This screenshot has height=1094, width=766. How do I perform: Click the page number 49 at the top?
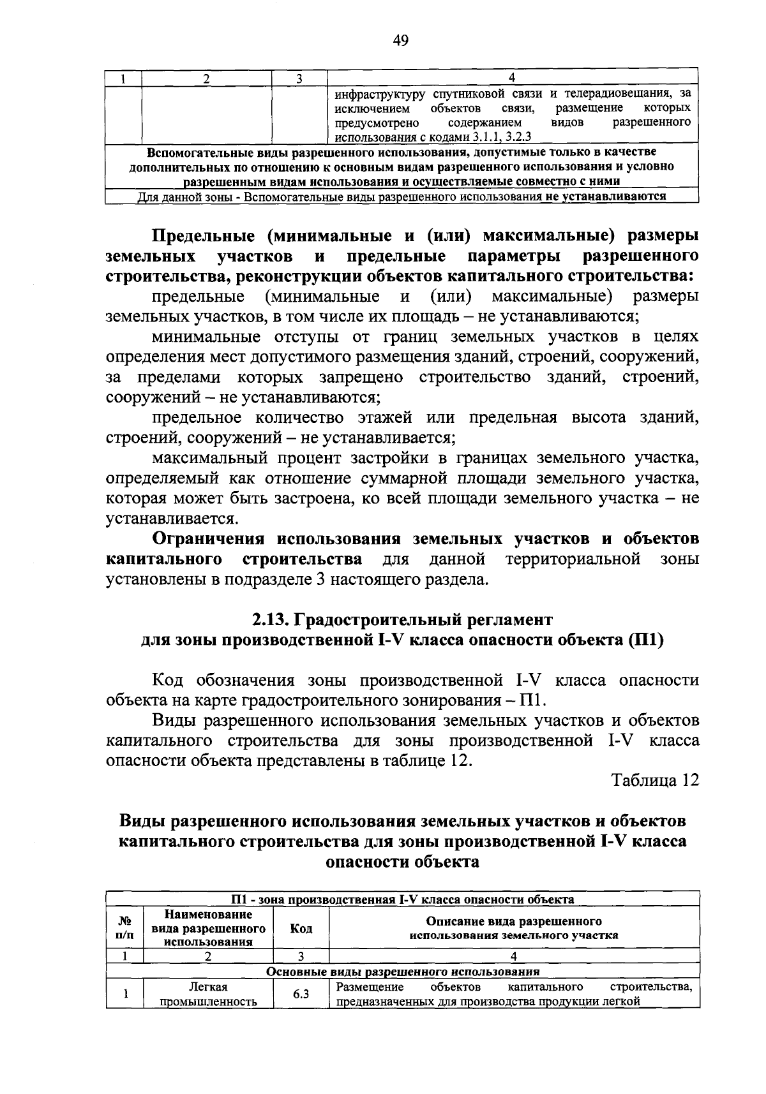pos(400,41)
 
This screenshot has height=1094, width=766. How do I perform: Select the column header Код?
pos(301,929)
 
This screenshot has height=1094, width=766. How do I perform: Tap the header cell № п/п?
pos(125,929)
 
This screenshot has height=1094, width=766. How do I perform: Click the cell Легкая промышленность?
pos(208,994)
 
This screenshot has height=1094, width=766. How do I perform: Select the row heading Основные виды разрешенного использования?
pos(402,972)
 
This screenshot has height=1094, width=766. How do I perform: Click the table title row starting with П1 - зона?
pos(402,899)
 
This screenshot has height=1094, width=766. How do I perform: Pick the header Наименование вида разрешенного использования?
pos(208,929)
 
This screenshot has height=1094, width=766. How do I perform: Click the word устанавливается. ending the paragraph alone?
pos(172,519)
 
